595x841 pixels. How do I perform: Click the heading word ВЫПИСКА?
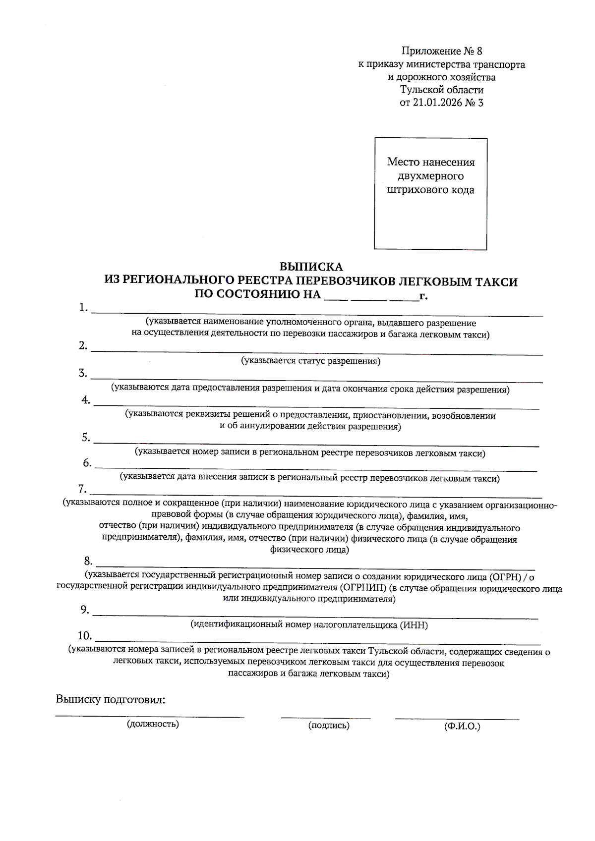[311, 268]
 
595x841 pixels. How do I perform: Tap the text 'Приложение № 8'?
[442, 51]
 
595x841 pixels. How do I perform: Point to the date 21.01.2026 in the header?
[437, 103]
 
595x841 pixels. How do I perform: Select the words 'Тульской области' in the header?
[442, 90]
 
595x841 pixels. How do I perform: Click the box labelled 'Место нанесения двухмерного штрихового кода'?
[430, 194]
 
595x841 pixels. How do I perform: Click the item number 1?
[83, 308]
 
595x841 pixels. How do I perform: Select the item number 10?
[85, 636]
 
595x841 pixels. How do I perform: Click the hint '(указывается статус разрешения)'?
[311, 361]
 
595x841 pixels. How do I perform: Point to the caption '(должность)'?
[153, 724]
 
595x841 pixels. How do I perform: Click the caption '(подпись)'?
[329, 726]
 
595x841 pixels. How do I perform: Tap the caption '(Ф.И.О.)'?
[462, 727]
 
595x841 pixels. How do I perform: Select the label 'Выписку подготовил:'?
[110, 700]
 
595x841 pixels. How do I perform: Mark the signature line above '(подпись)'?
[326, 717]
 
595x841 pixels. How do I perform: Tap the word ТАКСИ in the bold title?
[496, 282]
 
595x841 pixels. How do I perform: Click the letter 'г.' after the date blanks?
[423, 296]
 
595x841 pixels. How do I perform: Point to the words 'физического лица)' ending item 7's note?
[309, 550]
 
